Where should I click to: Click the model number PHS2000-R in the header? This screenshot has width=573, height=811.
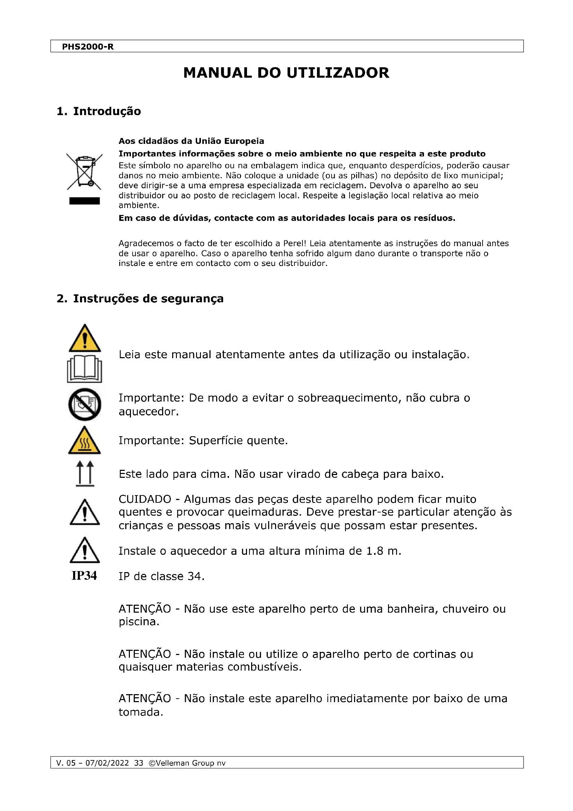(88, 46)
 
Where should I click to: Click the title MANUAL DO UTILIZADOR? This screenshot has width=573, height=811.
(286, 73)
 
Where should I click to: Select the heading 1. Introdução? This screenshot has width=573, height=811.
(99, 111)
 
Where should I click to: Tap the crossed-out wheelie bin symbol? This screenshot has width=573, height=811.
(84, 171)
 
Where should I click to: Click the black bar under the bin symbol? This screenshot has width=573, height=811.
(84, 201)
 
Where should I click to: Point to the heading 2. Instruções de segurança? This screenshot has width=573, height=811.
(140, 299)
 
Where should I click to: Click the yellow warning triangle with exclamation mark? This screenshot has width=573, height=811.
(85, 338)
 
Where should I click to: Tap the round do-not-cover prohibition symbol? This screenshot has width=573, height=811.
(85, 404)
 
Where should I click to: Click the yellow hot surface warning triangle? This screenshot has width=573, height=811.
(84, 441)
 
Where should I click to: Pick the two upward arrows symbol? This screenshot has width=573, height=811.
(85, 473)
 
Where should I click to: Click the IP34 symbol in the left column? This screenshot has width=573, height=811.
(84, 576)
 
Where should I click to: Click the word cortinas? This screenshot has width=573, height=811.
(435, 654)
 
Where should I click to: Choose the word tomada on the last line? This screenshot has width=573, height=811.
(140, 712)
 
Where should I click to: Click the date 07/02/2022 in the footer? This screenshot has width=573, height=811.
(107, 763)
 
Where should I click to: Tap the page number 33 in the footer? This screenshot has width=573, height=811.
(139, 763)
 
